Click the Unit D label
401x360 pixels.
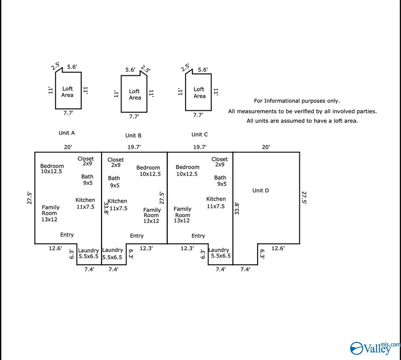point(261,190)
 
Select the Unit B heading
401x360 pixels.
point(133,136)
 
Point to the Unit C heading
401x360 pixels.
point(199,135)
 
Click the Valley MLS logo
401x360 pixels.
point(371,347)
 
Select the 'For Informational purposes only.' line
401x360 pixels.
point(297,101)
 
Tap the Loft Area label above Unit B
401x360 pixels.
point(135,94)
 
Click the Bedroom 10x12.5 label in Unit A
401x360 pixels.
point(52,169)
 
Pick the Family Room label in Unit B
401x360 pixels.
point(152,215)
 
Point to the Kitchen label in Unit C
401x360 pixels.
point(216,202)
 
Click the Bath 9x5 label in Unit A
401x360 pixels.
point(87,180)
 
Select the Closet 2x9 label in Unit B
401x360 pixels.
point(116,162)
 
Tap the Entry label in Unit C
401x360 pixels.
point(198,236)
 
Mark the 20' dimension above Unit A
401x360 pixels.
point(67,147)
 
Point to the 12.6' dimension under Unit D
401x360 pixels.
point(278,248)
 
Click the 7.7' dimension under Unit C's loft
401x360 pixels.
point(198,115)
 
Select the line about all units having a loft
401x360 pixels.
point(302,121)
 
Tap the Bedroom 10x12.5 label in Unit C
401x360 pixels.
point(188,171)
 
